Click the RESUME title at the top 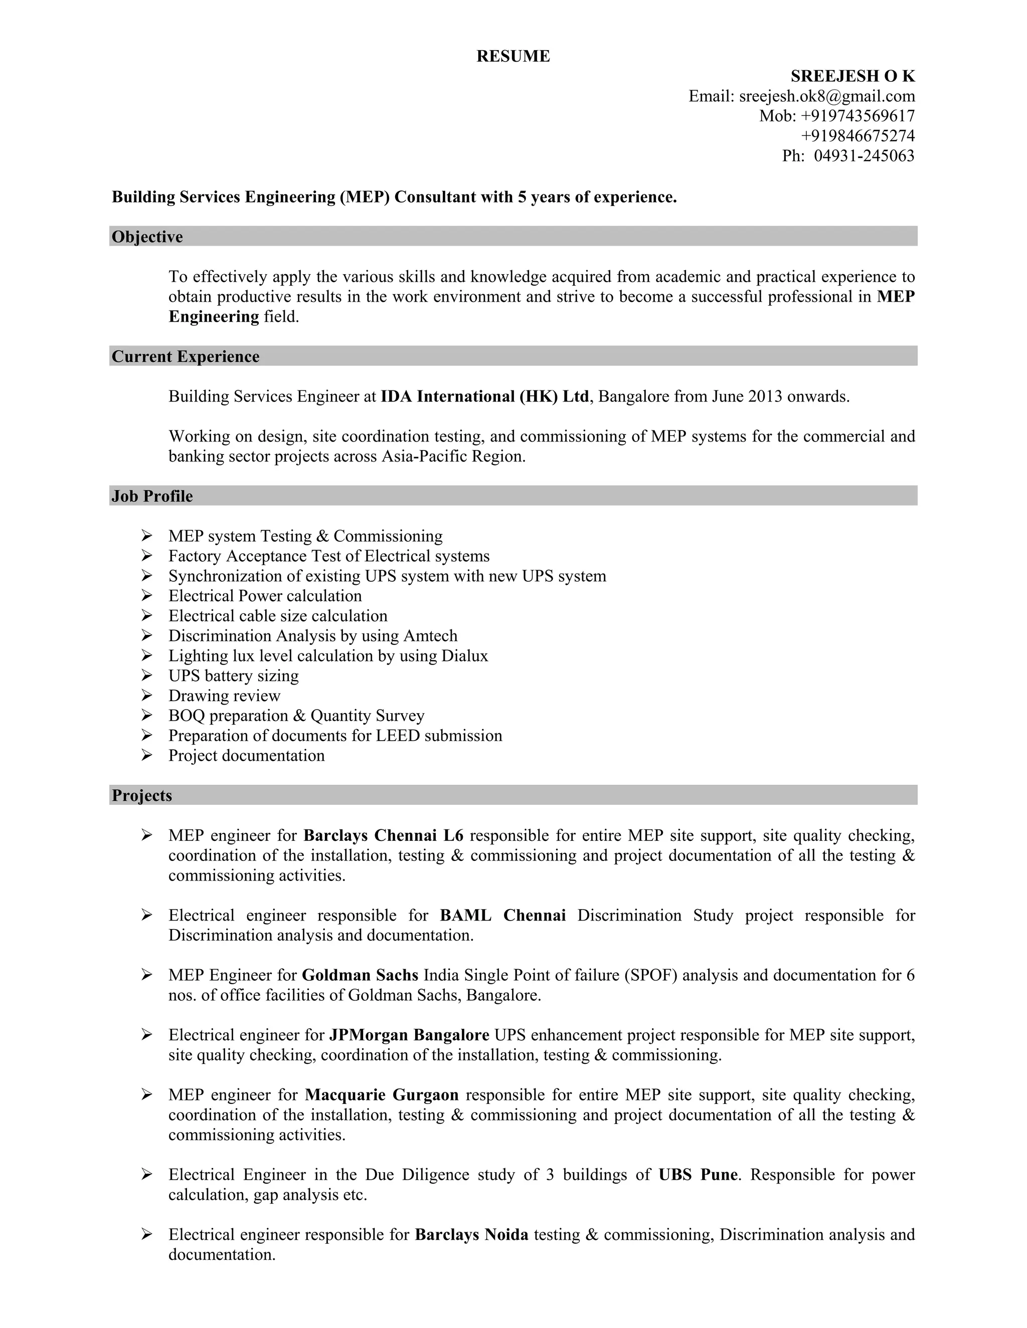513,56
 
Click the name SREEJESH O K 852,76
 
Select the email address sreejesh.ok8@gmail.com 827,96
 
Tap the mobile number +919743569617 858,116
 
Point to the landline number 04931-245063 864,156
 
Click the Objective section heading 147,237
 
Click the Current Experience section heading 186,356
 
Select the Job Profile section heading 152,496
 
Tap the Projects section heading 142,795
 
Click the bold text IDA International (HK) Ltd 484,396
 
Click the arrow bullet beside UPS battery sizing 146,675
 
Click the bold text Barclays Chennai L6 383,835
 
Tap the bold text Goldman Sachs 360,975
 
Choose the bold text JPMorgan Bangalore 409,1035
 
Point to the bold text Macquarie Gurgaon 382,1095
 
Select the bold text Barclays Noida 471,1235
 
